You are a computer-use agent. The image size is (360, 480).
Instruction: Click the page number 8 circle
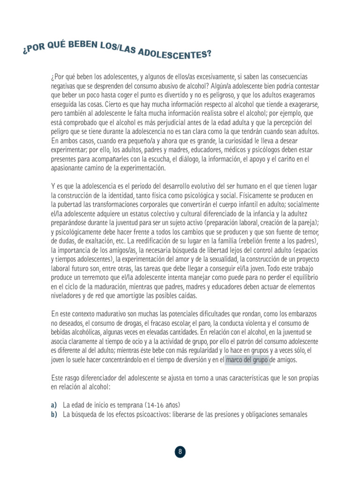[x=180, y=452]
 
